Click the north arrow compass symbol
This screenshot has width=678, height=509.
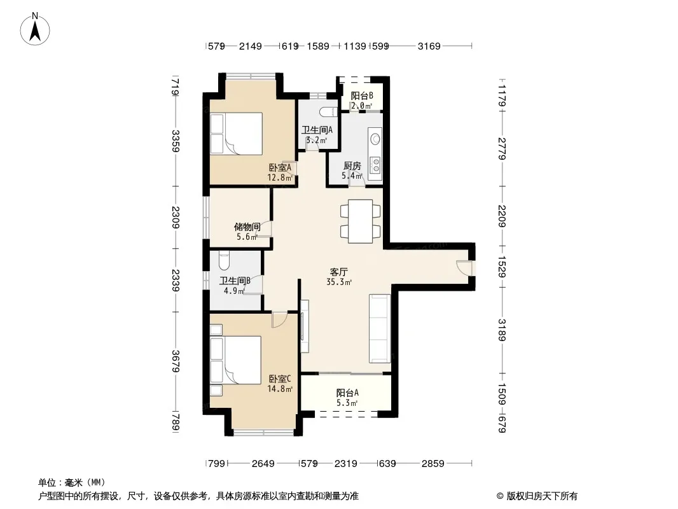point(35,29)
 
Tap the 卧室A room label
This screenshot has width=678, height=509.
point(280,167)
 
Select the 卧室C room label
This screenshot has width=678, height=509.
point(280,379)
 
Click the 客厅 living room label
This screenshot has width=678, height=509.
point(338,272)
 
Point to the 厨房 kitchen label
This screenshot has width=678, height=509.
point(352,165)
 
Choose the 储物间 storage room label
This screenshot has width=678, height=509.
point(247,227)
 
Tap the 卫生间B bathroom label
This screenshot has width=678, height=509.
point(235,281)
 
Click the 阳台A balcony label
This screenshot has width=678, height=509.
point(347,393)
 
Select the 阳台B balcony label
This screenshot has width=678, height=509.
point(362,95)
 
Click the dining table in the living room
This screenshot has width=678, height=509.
point(360,221)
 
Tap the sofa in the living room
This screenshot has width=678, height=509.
point(380,329)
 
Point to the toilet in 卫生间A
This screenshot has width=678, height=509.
point(329,112)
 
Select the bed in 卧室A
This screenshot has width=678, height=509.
point(237,134)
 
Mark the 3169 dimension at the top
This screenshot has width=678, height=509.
point(429,46)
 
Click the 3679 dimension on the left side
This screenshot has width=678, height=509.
point(175,361)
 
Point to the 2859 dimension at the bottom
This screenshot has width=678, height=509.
point(433,464)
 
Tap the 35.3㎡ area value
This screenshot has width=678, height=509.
point(339,282)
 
